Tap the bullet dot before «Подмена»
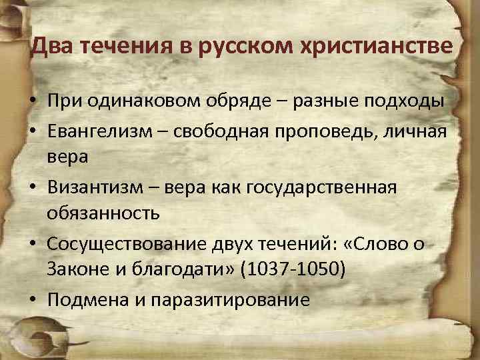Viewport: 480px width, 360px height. (x=32, y=300)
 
